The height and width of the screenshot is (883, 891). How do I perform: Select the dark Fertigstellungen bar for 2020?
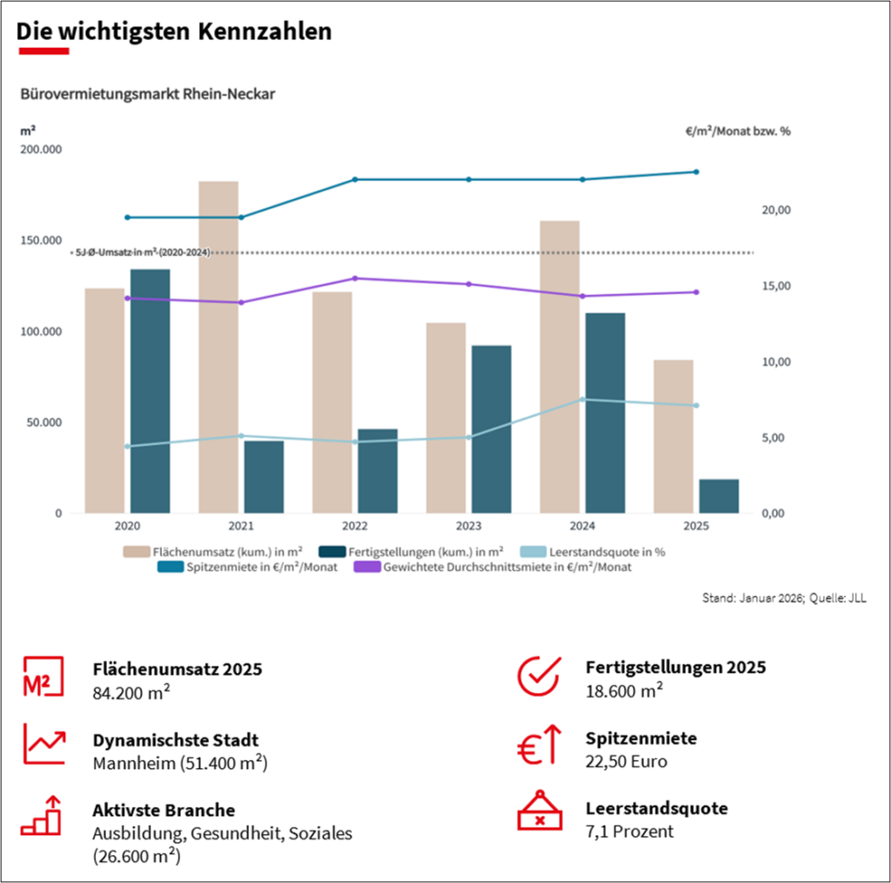(150, 391)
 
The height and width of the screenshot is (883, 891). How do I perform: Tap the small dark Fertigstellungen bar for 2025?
(718, 495)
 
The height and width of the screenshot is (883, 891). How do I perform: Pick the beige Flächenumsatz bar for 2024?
(559, 367)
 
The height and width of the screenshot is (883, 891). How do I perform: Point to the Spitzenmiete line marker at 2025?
(696, 172)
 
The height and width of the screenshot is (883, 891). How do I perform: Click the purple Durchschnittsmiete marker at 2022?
(355, 279)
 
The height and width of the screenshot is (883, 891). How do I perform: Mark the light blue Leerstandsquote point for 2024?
(582, 400)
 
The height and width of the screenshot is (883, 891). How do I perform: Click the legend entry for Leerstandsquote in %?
(600, 551)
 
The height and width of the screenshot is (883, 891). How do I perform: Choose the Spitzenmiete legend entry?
(248, 567)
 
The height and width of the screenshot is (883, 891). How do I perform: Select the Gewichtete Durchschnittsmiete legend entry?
(492, 567)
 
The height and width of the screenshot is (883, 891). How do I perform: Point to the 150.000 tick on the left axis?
(41, 240)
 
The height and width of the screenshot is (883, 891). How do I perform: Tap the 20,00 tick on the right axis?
(776, 210)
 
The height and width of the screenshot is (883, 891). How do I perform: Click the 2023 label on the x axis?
(468, 526)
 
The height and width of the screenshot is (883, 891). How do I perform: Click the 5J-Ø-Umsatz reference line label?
(142, 252)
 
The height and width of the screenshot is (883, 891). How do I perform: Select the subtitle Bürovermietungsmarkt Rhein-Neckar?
(147, 93)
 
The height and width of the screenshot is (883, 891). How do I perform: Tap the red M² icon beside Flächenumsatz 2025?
(41, 676)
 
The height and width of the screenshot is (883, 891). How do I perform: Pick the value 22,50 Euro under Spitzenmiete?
(626, 761)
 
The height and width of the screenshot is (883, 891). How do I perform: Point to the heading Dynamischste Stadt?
(175, 740)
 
